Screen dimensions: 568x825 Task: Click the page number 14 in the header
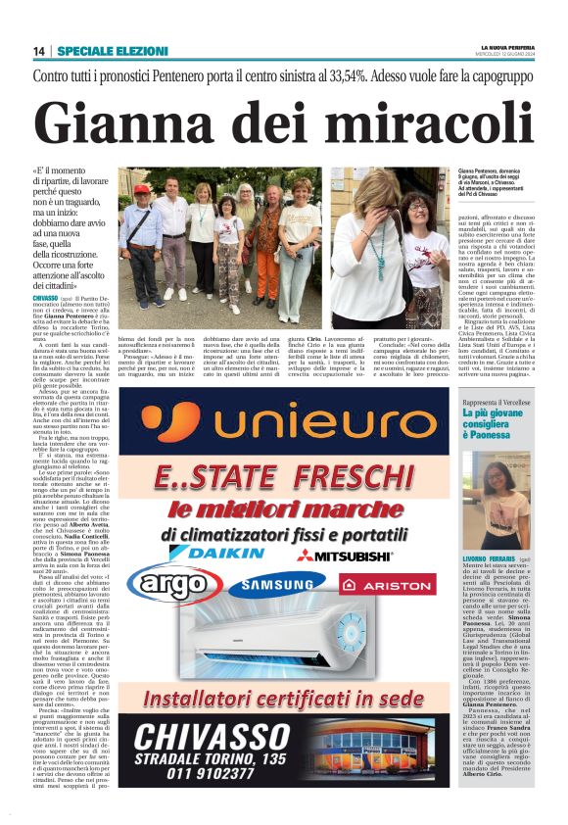[39, 51]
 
